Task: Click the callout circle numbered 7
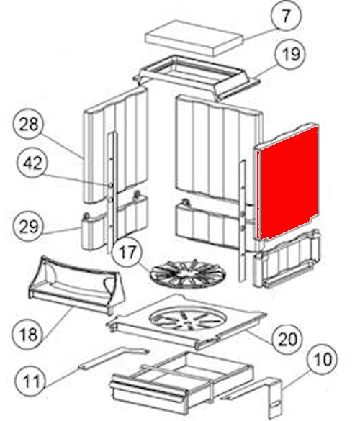286,16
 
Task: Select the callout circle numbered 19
291,54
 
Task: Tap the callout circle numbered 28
29,124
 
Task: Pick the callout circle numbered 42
32,163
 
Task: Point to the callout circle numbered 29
29,226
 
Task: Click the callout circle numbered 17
127,252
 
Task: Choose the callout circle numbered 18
28,334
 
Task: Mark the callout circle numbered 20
287,339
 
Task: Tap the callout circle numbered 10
323,359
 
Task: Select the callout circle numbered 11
31,381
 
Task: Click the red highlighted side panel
287,183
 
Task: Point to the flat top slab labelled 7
194,37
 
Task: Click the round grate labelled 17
188,273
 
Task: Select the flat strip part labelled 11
114,358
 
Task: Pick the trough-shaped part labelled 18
76,285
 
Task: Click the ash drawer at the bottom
181,383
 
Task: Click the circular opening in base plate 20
188,319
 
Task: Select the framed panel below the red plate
287,258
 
